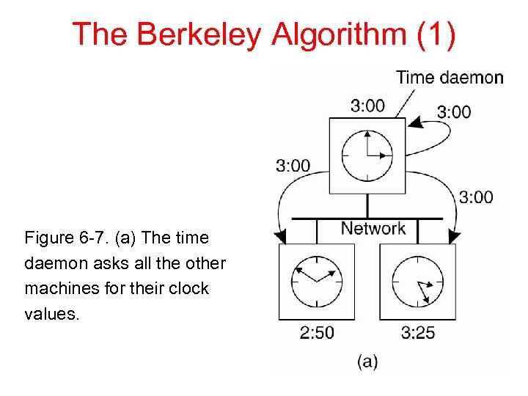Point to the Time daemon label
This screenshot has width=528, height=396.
point(450,77)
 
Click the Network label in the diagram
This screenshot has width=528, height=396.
point(373,228)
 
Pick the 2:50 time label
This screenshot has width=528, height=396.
point(317,333)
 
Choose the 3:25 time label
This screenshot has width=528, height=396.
point(418,333)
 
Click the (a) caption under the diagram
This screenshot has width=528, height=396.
point(367,361)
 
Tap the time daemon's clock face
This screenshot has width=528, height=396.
point(367,155)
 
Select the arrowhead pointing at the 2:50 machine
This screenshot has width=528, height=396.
point(279,236)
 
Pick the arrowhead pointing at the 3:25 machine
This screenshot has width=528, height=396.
point(455,236)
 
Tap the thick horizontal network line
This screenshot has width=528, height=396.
point(367,218)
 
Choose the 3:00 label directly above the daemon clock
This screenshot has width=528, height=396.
point(367,106)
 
